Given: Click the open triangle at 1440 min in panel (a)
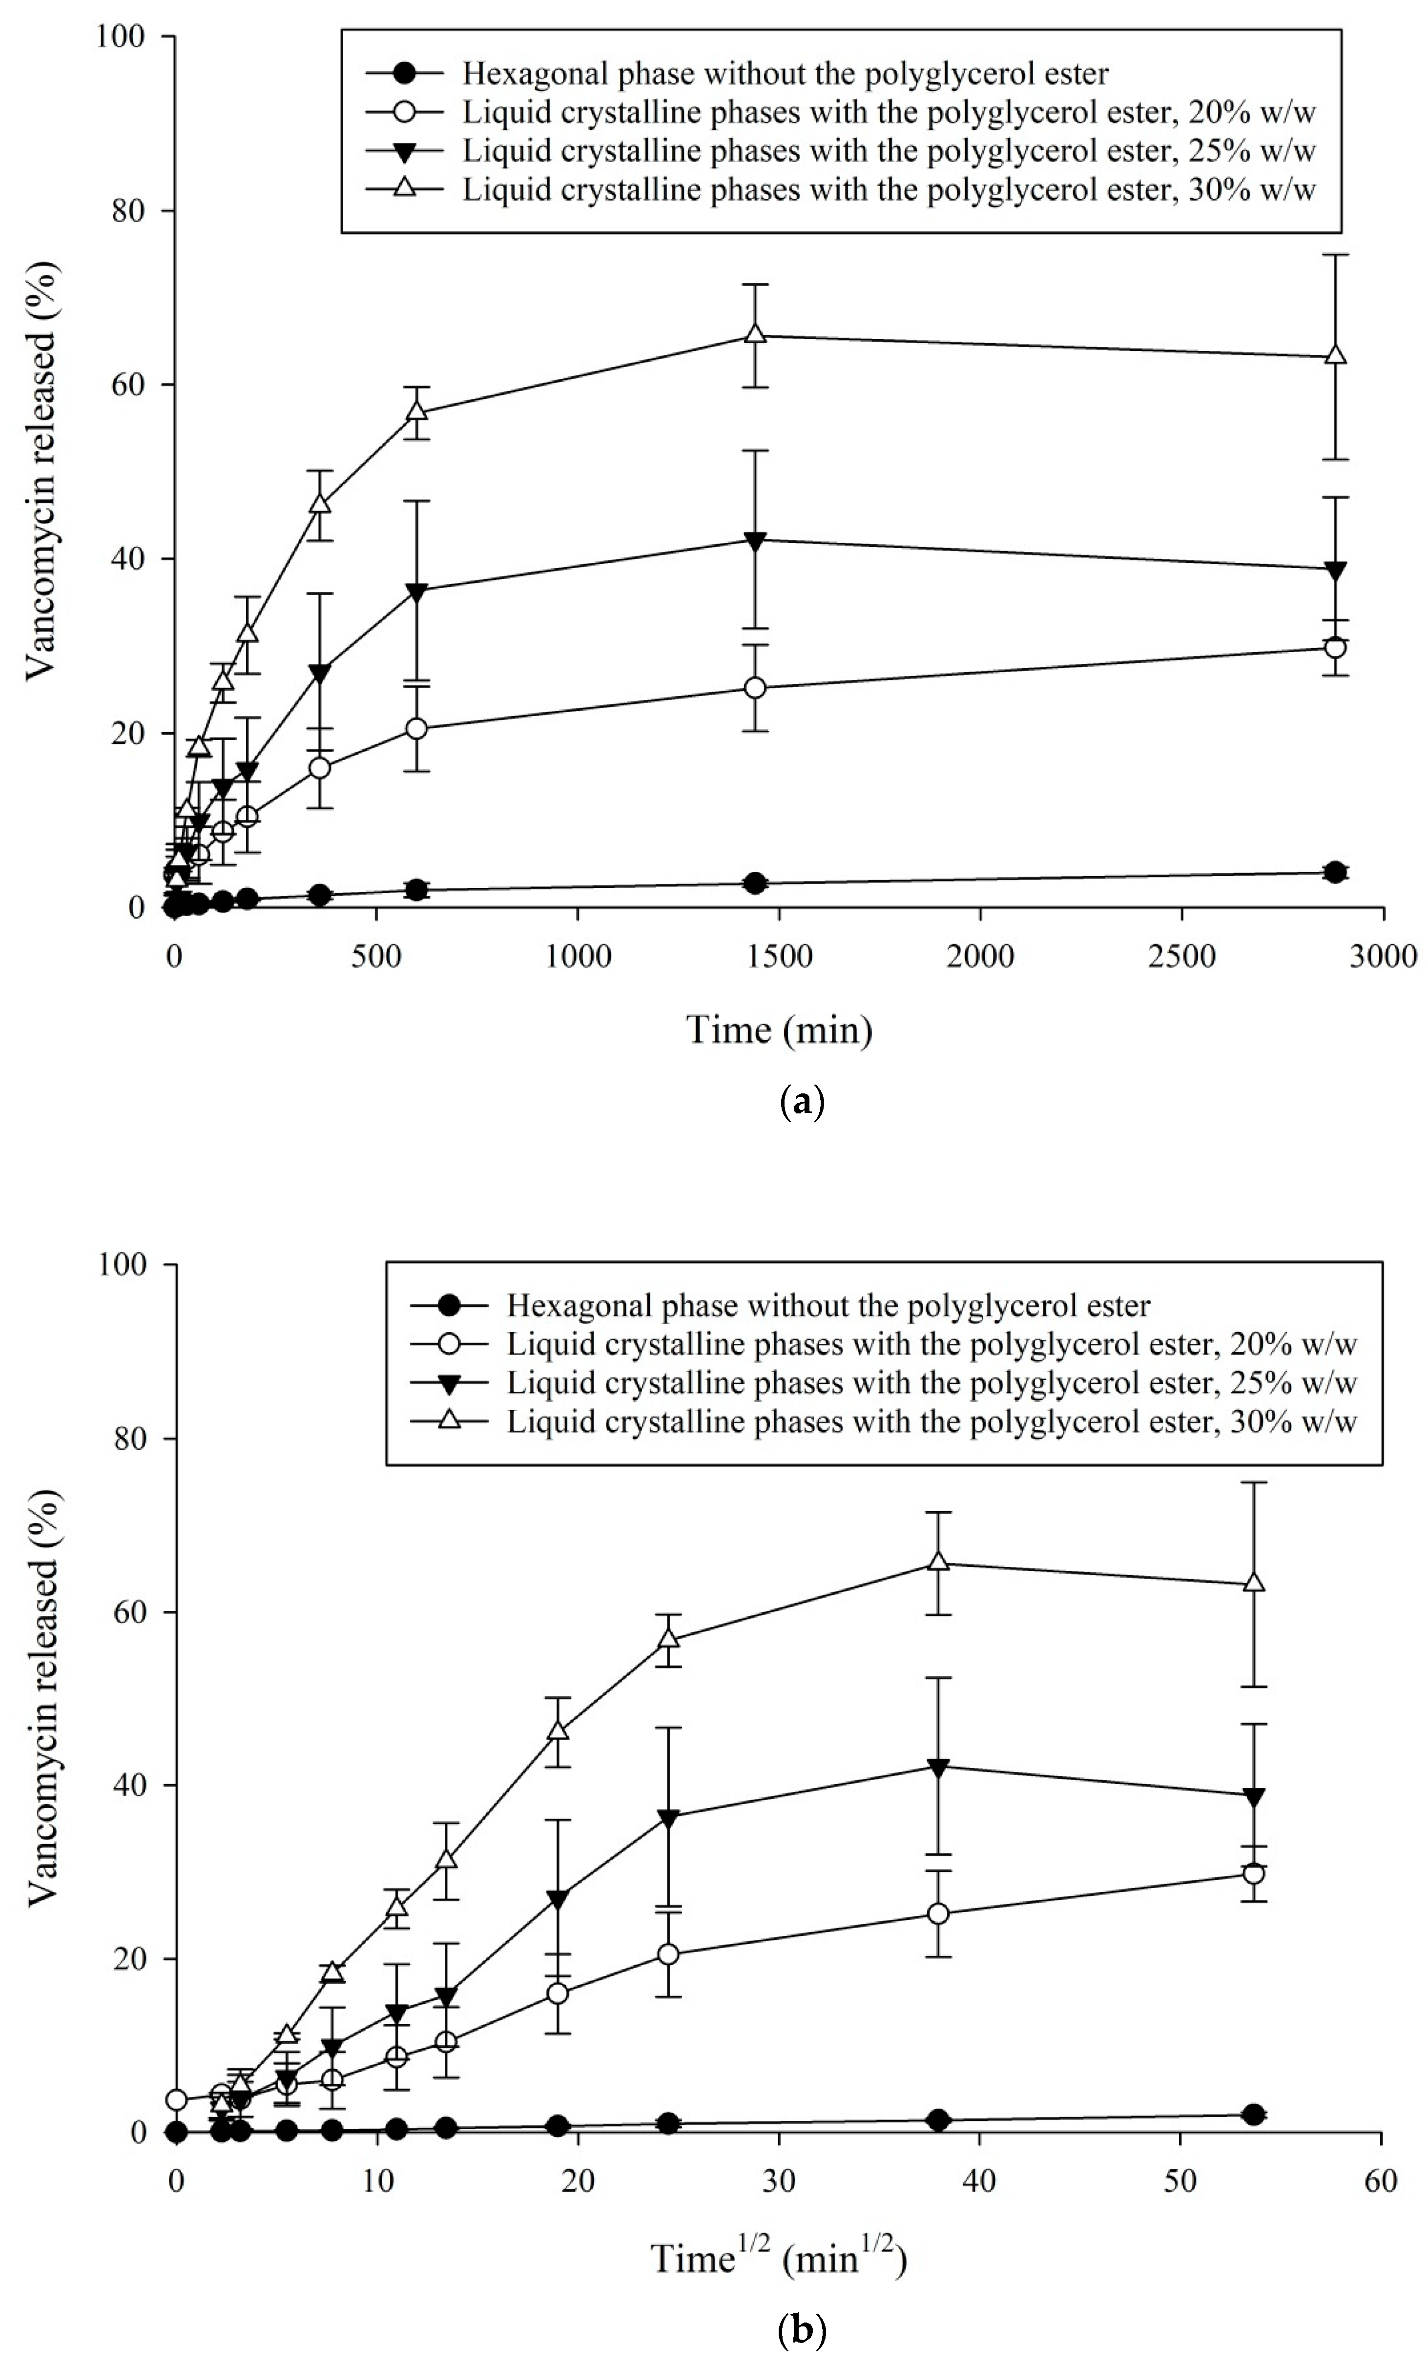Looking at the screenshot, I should [x=755, y=335].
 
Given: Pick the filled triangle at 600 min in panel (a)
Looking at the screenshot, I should [x=416, y=591].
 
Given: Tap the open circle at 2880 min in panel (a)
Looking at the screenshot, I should [x=1334, y=648].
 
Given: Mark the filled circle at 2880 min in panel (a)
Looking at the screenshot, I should [x=1334, y=871].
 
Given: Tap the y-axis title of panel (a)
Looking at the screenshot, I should [x=41, y=470].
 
